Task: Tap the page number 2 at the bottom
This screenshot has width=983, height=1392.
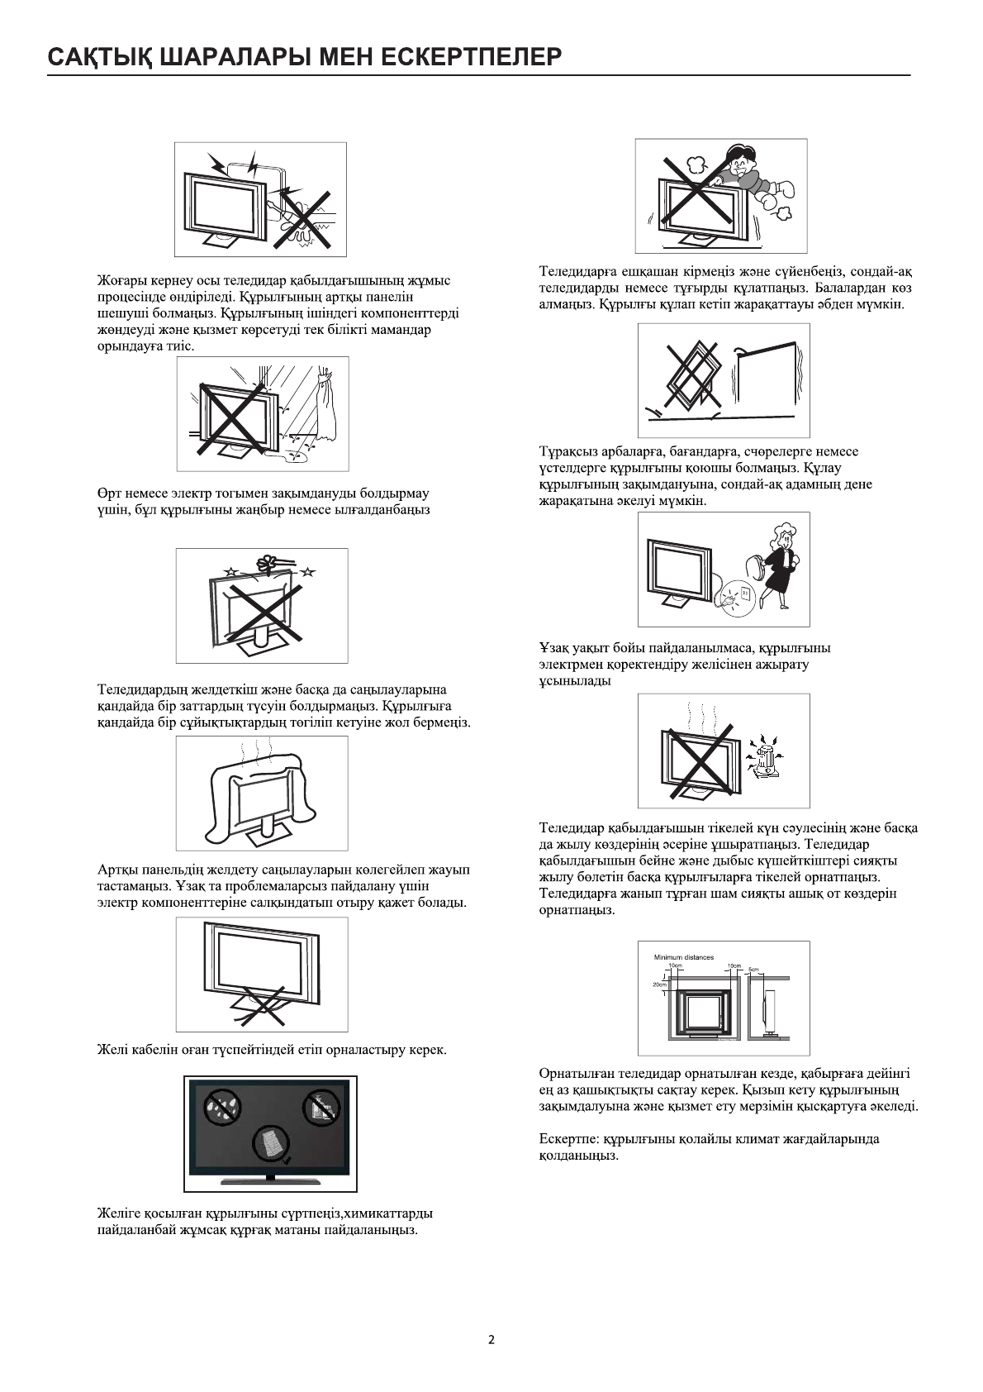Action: pyautogui.click(x=491, y=1340)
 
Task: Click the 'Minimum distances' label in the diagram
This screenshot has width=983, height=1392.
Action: pyautogui.click(x=684, y=957)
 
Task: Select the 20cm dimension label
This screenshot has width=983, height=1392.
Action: pyautogui.click(x=658, y=984)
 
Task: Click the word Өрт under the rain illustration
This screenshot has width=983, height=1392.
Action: pyautogui.click(x=109, y=493)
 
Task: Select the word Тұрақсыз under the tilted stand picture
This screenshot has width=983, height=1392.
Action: pyautogui.click(x=568, y=451)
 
